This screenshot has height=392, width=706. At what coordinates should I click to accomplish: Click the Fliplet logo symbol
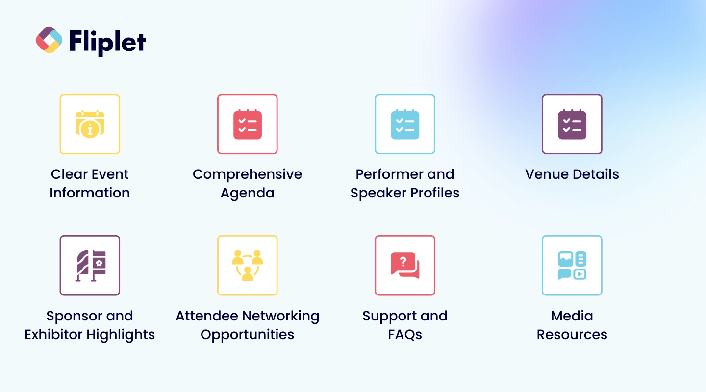click(x=49, y=40)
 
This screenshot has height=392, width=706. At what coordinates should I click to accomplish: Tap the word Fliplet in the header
click(x=107, y=41)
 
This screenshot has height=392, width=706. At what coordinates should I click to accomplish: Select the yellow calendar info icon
click(x=90, y=124)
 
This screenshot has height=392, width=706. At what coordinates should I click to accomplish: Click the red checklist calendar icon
click(x=248, y=124)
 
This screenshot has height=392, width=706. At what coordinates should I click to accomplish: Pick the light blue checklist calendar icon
click(x=405, y=124)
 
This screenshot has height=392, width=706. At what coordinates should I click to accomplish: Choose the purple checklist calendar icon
click(x=572, y=124)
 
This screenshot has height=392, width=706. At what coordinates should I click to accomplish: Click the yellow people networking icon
click(x=248, y=266)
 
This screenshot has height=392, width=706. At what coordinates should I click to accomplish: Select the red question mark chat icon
click(x=405, y=266)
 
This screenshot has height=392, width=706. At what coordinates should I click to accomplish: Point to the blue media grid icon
click(x=572, y=266)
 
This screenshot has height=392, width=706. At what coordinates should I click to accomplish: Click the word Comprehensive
click(x=248, y=174)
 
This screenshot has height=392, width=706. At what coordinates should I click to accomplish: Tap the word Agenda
click(x=248, y=193)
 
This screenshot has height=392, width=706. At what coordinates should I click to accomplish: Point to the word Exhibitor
click(x=54, y=335)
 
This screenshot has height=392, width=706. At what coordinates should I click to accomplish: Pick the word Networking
click(x=282, y=316)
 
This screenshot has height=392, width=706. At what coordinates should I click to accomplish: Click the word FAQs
click(x=405, y=335)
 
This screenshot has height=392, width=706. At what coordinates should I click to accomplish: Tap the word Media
click(x=572, y=316)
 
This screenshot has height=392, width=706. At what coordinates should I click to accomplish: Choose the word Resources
click(x=572, y=335)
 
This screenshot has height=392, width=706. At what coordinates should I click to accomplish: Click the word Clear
click(x=68, y=174)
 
